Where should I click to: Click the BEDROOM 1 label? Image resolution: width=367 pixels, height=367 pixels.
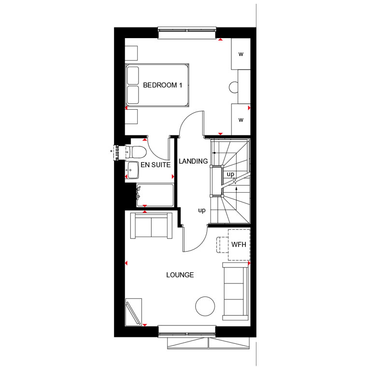pyautogui.click(x=162, y=85)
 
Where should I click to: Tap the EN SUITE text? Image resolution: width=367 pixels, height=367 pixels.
pyautogui.click(x=155, y=165)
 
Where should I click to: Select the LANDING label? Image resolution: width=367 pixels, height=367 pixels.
pyautogui.click(x=193, y=161)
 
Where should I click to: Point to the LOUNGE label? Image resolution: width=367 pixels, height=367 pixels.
pyautogui.click(x=180, y=275)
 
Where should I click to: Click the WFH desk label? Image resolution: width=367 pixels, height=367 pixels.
pyautogui.click(x=239, y=245)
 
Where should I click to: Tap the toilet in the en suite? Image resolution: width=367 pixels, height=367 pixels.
pyautogui.click(x=136, y=152)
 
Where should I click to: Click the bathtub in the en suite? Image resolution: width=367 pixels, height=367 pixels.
pyautogui.click(x=155, y=195)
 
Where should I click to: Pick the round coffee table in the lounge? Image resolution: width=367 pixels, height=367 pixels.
pyautogui.click(x=205, y=306)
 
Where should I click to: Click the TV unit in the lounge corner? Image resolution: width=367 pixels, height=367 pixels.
pyautogui.click(x=133, y=312)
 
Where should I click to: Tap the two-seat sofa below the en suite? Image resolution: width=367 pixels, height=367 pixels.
pyautogui.click(x=151, y=226)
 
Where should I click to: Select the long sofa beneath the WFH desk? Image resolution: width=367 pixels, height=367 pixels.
pyautogui.click(x=235, y=291)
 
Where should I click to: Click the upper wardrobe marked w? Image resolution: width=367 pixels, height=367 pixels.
pyautogui.click(x=241, y=54)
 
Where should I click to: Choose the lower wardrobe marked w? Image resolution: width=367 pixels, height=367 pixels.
pyautogui.click(x=241, y=120)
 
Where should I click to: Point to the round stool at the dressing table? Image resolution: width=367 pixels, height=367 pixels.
pyautogui.click(x=234, y=87)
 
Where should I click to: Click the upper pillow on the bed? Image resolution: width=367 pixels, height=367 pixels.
pyautogui.click(x=133, y=75)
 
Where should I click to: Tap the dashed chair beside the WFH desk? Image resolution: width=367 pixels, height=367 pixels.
pyautogui.click(x=222, y=245)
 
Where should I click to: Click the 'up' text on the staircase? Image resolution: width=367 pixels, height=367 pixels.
pyautogui.click(x=230, y=174)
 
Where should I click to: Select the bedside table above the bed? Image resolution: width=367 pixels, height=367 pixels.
pyautogui.click(x=131, y=54)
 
